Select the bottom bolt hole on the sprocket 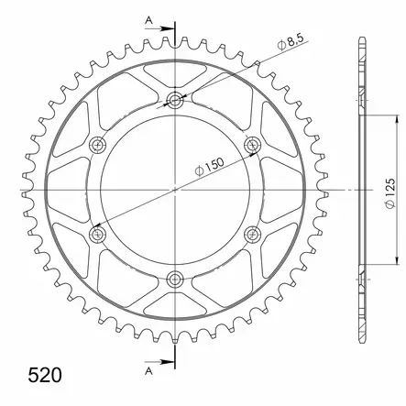(x=176, y=280)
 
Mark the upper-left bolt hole (x=98, y=144)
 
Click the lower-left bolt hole (x=98, y=235)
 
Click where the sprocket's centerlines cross (x=176, y=190)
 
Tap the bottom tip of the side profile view (x=360, y=340)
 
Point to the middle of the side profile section (x=360, y=190)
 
